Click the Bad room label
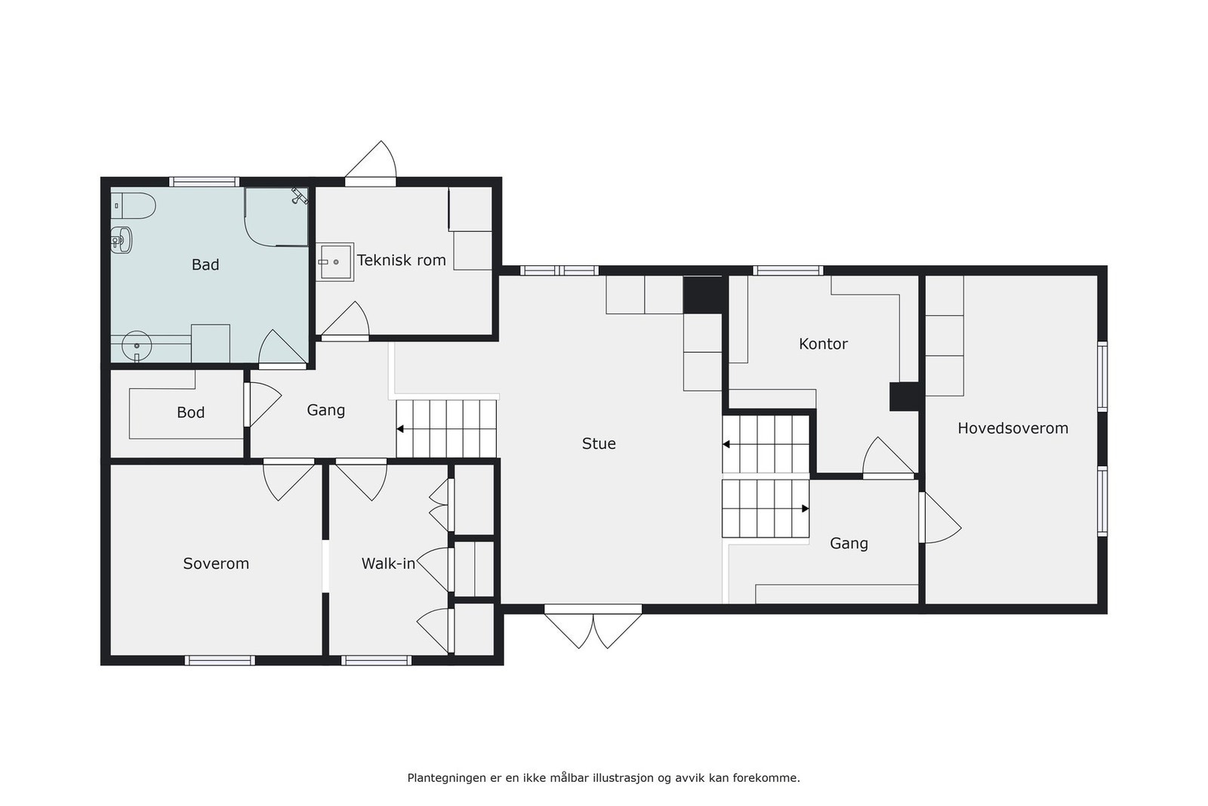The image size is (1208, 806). point(205,264)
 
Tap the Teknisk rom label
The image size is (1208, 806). point(401,260)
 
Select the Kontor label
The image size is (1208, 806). point(823,344)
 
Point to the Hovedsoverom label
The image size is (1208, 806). point(1012,428)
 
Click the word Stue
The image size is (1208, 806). point(599,443)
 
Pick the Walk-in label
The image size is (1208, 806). point(388,564)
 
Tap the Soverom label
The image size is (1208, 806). point(216,564)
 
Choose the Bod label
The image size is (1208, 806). point(190,412)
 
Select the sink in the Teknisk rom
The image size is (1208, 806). point(334,262)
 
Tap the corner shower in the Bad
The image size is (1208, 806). point(276,217)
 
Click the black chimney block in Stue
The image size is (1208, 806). point(703,295)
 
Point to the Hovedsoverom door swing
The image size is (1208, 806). point(938,518)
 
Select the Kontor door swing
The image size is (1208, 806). point(888,458)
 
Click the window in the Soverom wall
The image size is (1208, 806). point(220,660)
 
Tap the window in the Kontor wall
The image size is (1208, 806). point(787,270)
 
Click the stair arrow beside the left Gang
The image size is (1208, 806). point(400,429)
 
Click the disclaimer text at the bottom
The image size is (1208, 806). point(603,777)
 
